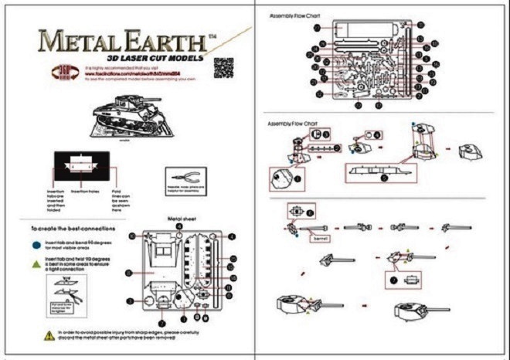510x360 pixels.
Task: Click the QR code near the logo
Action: pyautogui.click(x=223, y=67)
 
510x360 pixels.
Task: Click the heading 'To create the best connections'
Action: pyautogui.click(x=73, y=229)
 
